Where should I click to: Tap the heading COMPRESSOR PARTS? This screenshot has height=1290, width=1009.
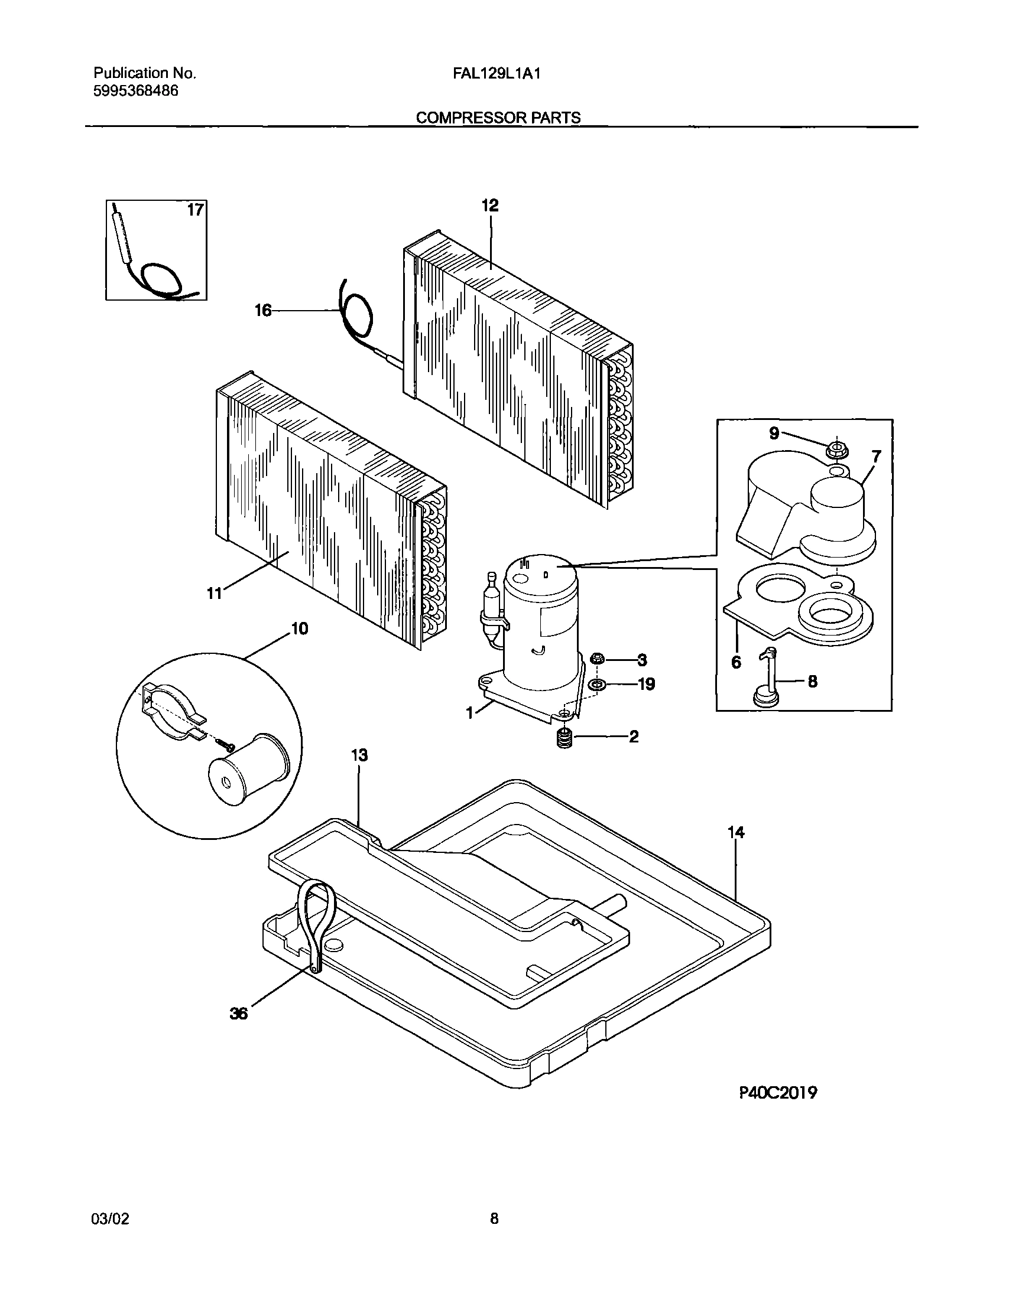coord(498,118)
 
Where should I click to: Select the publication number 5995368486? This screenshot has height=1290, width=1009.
coord(136,91)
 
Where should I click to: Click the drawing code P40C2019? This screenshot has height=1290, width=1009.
coord(778,1093)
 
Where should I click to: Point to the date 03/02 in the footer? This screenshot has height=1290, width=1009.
coord(110,1219)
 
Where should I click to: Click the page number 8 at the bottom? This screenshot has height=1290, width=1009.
coord(494,1219)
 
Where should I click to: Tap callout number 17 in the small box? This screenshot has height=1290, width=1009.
coord(196,210)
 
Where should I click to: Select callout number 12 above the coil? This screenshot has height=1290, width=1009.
coord(490,206)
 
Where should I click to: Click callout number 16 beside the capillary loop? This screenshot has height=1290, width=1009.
coord(263,310)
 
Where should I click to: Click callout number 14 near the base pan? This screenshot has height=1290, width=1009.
coord(736,833)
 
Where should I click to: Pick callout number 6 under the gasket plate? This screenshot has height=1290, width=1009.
coord(736,662)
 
